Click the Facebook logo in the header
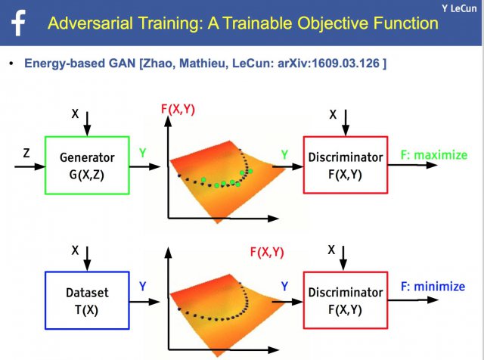18,23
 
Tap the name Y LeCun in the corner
459,8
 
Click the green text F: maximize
434,155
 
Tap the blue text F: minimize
433,287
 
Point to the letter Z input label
26,153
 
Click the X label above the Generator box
75,113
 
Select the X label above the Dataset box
75,250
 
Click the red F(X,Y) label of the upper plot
178,110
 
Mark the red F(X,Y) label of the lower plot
267,253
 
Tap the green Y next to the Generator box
142,153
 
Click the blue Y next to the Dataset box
142,287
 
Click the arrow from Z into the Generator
30,166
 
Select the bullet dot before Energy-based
11,64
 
